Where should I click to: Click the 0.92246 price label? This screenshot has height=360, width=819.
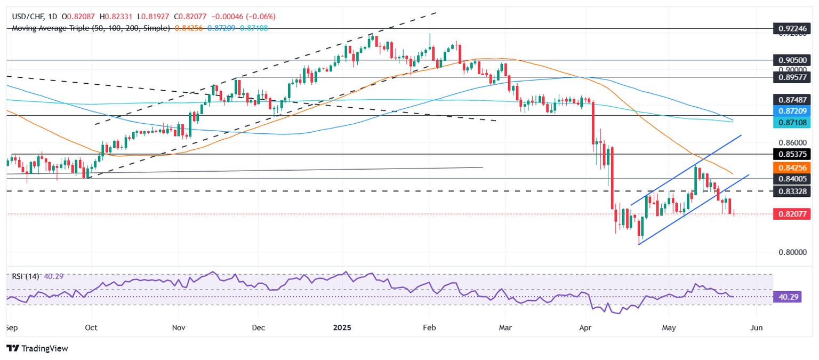793,28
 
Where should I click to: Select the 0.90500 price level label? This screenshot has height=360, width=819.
793,60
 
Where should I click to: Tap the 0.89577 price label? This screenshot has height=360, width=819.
793,77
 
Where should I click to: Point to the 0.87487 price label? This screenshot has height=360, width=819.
793,99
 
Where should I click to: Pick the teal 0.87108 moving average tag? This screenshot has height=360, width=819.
793,123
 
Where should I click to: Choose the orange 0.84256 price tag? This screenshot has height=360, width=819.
793,167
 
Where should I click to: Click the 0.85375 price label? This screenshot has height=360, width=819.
793,154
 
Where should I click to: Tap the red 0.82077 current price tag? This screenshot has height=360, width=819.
793,214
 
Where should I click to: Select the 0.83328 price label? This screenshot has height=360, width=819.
793,191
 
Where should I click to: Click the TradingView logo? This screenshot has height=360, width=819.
37,348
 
